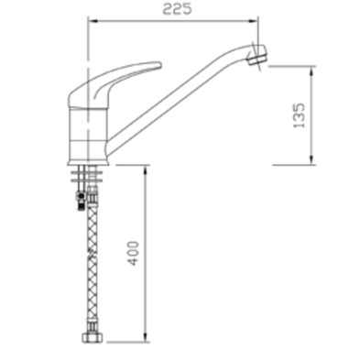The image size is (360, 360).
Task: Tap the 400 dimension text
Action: coord(134,254)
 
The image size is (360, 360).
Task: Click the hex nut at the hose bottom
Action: coord(91,338)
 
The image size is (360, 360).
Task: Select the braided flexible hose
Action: coord(91,266)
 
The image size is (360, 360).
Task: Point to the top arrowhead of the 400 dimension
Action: coord(144,169)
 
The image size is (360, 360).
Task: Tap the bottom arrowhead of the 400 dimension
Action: coord(144,339)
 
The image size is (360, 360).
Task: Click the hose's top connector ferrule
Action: coord(91,196)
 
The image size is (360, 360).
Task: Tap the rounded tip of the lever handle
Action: coord(158,66)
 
